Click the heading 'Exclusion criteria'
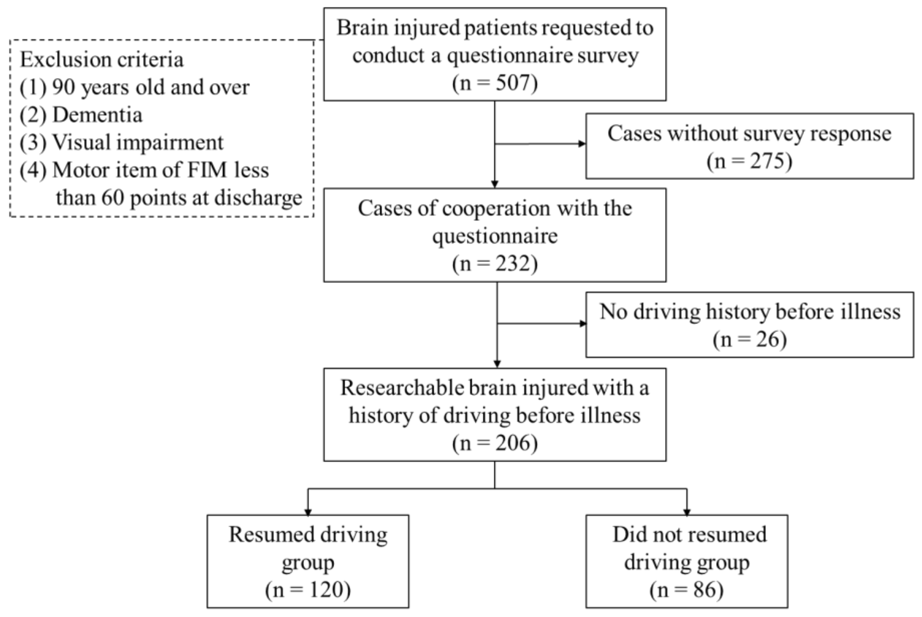[101, 60]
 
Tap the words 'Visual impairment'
[138, 142]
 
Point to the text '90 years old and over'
[151, 87]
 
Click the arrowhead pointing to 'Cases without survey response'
[582, 143]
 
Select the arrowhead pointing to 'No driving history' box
[583, 324]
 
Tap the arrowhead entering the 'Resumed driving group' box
[308, 512]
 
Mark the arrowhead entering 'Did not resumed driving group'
[687, 512]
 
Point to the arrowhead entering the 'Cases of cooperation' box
[495, 185]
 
